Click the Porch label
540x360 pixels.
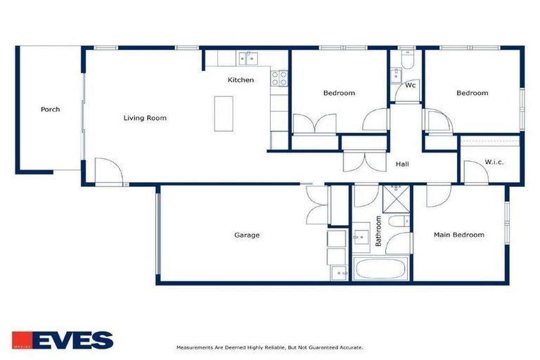coord(50,110)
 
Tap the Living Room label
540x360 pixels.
coord(145,118)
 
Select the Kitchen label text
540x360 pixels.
coord(240,80)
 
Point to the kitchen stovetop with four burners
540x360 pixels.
coord(279,78)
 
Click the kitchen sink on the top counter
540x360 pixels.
coord(248,58)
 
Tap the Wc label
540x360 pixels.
coord(411,86)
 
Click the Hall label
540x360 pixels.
coord(402,165)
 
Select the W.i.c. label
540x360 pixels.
coord(494,162)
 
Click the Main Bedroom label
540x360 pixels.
coord(458,235)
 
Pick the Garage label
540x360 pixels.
coord(247,235)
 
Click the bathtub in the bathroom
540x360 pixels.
coord(380,269)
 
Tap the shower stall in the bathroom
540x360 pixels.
coord(396,198)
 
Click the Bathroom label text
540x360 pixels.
coord(378,231)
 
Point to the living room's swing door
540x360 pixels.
coord(107,171)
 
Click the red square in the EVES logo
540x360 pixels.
coord(20,340)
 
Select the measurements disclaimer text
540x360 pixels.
coord(269,347)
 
